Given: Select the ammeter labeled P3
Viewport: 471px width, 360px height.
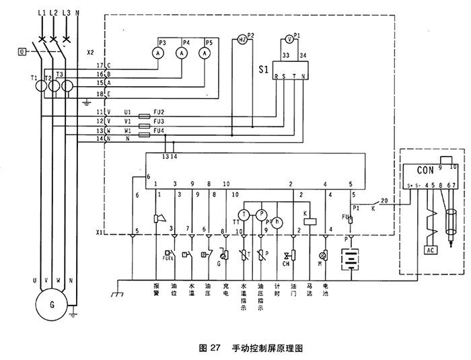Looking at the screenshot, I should point(157,52).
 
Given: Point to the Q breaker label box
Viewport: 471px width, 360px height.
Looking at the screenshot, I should point(23,50).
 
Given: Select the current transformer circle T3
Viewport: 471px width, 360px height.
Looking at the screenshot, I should point(66,87).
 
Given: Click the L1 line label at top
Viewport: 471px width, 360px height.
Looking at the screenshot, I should point(42,13).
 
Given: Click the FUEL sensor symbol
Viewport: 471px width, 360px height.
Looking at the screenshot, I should point(167,255).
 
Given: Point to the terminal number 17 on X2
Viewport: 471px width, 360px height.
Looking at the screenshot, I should point(99,64).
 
